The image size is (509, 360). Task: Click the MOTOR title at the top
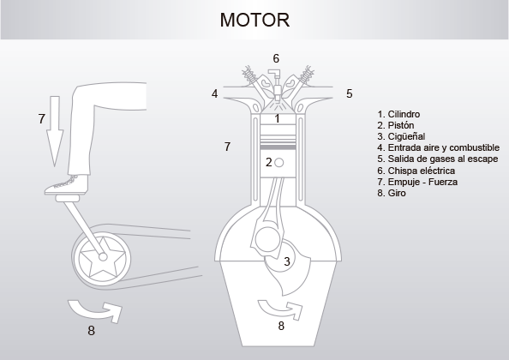pos(254,19)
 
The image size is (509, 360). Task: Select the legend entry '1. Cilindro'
pos(398,114)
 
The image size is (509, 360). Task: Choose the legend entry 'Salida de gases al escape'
pos(436,159)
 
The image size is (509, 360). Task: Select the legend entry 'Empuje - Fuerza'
pos(416,182)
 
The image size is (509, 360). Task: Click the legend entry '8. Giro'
pos(392,193)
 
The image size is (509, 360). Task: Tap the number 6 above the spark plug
pos(276,58)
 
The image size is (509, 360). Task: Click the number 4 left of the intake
pos(214,93)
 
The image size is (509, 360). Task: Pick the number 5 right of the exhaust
pos(350,93)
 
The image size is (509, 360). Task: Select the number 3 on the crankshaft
pos(287,261)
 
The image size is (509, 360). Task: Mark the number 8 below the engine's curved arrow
pos(280,326)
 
